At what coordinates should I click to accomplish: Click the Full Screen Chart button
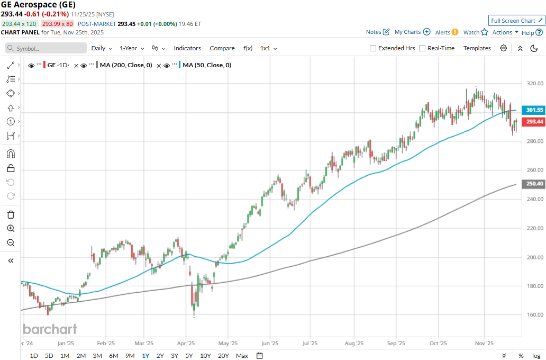tap(516, 21)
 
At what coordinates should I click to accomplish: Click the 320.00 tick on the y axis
tap(534, 83)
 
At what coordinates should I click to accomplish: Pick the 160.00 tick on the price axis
tap(534, 314)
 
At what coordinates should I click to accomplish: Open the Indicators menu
tap(187, 48)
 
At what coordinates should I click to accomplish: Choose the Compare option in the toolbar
tap(222, 48)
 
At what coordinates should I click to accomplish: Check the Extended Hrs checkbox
tap(373, 48)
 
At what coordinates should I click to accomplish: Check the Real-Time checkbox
tap(422, 48)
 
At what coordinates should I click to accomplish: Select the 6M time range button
tap(113, 356)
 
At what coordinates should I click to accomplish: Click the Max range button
tap(242, 356)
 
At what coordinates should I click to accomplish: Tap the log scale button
tap(535, 356)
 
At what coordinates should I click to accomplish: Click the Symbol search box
tap(46, 48)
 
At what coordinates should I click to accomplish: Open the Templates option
tap(477, 48)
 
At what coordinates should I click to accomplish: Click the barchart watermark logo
tap(50, 329)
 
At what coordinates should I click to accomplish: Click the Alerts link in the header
tap(443, 32)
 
